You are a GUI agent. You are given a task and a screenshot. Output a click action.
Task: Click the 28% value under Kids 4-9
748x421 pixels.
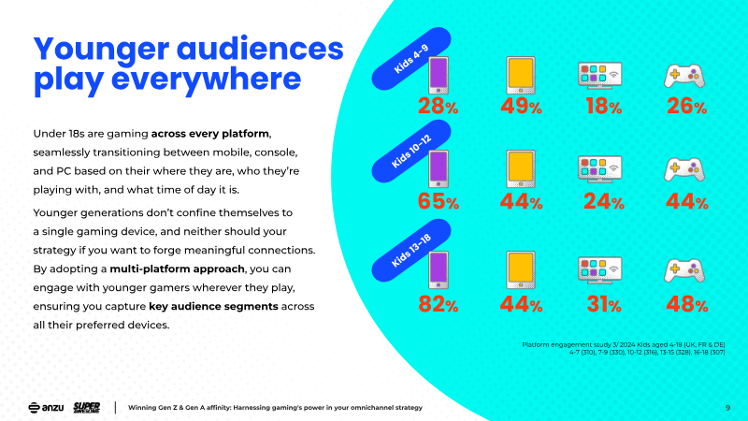[438, 106]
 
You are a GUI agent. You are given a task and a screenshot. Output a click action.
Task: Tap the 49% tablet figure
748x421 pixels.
[521, 106]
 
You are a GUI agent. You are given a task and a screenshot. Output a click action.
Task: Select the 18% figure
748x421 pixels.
[604, 106]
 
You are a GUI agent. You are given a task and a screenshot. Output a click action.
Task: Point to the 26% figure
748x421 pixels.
[686, 106]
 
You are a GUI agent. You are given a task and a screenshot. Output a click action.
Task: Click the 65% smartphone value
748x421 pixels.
[438, 201]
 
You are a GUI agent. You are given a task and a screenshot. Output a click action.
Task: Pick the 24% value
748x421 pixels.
[604, 201]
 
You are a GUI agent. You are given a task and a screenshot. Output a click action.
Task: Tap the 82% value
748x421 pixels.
[438, 304]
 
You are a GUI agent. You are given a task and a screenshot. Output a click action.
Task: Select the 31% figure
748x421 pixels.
[604, 304]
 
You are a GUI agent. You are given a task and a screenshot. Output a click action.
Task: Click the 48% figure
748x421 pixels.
[687, 304]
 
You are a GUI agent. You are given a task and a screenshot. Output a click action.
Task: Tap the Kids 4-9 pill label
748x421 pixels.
[411, 59]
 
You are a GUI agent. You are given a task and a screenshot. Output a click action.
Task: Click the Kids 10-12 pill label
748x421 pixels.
[411, 152]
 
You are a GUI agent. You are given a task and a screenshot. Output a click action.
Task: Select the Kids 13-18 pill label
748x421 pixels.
[411, 251]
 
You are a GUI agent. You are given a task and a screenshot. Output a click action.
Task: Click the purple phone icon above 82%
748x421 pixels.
[439, 269]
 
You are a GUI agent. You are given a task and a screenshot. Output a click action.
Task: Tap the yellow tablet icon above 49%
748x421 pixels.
[521, 76]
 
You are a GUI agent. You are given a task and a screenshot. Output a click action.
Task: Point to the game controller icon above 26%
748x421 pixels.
[684, 76]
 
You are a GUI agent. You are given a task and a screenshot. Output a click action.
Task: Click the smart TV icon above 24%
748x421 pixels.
[599, 169]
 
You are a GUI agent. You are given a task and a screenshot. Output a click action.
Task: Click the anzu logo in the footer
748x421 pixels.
[46, 408]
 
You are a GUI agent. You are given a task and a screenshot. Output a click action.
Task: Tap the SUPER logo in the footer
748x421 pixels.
[86, 408]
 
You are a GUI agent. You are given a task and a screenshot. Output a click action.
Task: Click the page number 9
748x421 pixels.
[727, 408]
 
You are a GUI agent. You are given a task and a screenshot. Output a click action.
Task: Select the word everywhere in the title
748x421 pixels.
[206, 79]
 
